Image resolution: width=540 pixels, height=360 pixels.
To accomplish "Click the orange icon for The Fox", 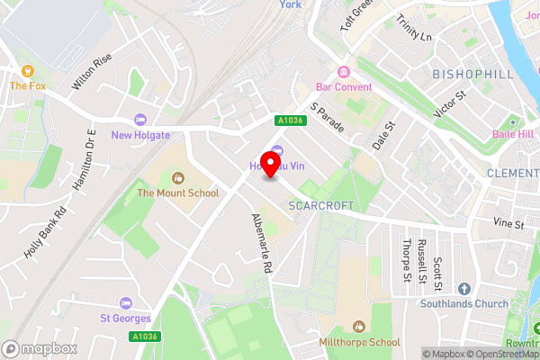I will (28, 70).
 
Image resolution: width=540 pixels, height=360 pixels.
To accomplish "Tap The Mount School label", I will (177, 193).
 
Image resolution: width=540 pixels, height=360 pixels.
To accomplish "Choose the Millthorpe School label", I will (359, 343).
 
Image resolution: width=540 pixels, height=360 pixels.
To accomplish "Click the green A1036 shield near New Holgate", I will (288, 120).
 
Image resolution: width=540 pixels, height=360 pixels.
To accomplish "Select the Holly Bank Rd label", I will (46, 236).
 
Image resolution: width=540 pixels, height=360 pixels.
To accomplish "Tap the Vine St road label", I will (508, 222).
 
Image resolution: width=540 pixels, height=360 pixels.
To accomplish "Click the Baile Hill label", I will (513, 135).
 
